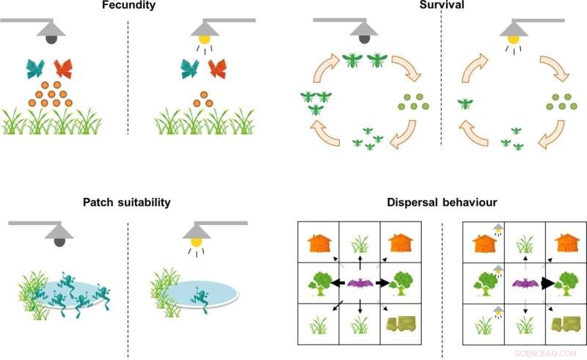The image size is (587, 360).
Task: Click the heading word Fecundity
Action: coord(128,7)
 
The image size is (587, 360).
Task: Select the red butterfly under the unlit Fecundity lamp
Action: coord(62,69)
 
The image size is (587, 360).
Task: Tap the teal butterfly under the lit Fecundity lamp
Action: coord(190,69)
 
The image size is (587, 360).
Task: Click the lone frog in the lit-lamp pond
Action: coord(198,295)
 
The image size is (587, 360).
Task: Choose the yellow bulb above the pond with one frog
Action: coord(195,239)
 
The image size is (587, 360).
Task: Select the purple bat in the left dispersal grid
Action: coord(360,282)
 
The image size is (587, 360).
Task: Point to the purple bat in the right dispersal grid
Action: coord(525,282)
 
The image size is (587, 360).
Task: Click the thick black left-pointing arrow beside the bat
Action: coord(339,282)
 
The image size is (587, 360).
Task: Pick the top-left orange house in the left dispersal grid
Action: coord(320,241)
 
